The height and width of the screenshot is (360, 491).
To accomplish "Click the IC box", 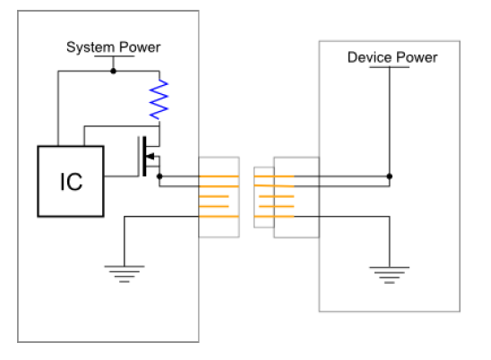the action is pos(71,181).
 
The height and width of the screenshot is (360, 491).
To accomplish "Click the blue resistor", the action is pos(159,99).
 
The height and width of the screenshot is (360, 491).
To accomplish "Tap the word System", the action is pos(90,47).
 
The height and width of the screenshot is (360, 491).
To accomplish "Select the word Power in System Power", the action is pos(140,47).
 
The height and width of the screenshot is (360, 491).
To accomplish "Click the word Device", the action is pos(369,57).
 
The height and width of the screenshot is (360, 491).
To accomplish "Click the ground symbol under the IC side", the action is pos(125,274).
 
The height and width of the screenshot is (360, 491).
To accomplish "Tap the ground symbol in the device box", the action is pos(389,275).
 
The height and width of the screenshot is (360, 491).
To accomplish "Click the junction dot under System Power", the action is pos(114,72).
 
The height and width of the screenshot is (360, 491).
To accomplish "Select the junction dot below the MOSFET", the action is pos(159,176).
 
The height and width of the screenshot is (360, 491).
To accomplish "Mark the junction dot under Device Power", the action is pos(390,176).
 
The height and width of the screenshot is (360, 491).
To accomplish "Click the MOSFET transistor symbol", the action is pos(149,157).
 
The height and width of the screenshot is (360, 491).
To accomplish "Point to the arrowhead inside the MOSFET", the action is pos(150,156).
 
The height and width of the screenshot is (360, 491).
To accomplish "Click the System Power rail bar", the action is pos(115,56).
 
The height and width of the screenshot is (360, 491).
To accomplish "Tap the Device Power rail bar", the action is pos(389,67).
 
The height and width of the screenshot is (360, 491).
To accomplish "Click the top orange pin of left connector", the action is pos(219,176).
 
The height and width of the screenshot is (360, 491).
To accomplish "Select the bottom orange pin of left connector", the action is pos(219,217).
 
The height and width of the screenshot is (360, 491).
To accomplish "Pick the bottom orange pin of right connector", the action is pos(274,217).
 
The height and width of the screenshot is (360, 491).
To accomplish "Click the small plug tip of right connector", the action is pos(264,197).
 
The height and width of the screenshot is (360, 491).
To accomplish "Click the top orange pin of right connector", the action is pos(274,176).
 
